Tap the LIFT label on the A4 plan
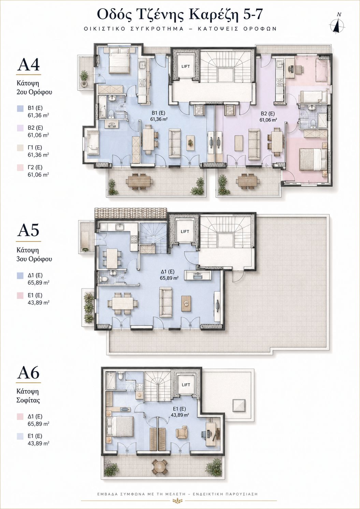186,67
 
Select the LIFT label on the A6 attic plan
186,385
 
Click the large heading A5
28,230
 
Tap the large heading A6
28,373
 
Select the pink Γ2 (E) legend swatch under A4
20,168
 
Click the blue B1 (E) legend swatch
20,108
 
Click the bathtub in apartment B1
102,107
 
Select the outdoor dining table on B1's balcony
139,181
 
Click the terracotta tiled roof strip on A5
131,213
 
